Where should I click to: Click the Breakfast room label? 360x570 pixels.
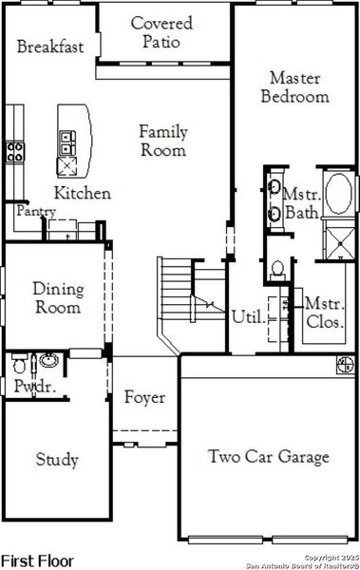[x=49, y=47]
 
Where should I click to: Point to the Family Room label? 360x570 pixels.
[x=163, y=141]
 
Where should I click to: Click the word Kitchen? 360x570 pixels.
[x=82, y=193]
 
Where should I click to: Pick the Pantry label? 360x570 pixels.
[x=35, y=212]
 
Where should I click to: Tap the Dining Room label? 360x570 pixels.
[x=58, y=297]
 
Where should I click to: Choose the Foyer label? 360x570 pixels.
[x=144, y=397]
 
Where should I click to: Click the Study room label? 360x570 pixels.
[x=57, y=460]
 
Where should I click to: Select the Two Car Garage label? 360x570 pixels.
[x=269, y=457]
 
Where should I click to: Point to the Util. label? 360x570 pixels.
[x=246, y=317]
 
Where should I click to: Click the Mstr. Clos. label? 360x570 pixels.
[x=324, y=313]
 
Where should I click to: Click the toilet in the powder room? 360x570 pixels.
[x=19, y=364]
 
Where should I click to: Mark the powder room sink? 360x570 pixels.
[x=48, y=361]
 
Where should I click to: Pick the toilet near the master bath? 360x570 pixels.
[x=276, y=269]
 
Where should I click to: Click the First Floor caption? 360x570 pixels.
[x=37, y=560]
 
